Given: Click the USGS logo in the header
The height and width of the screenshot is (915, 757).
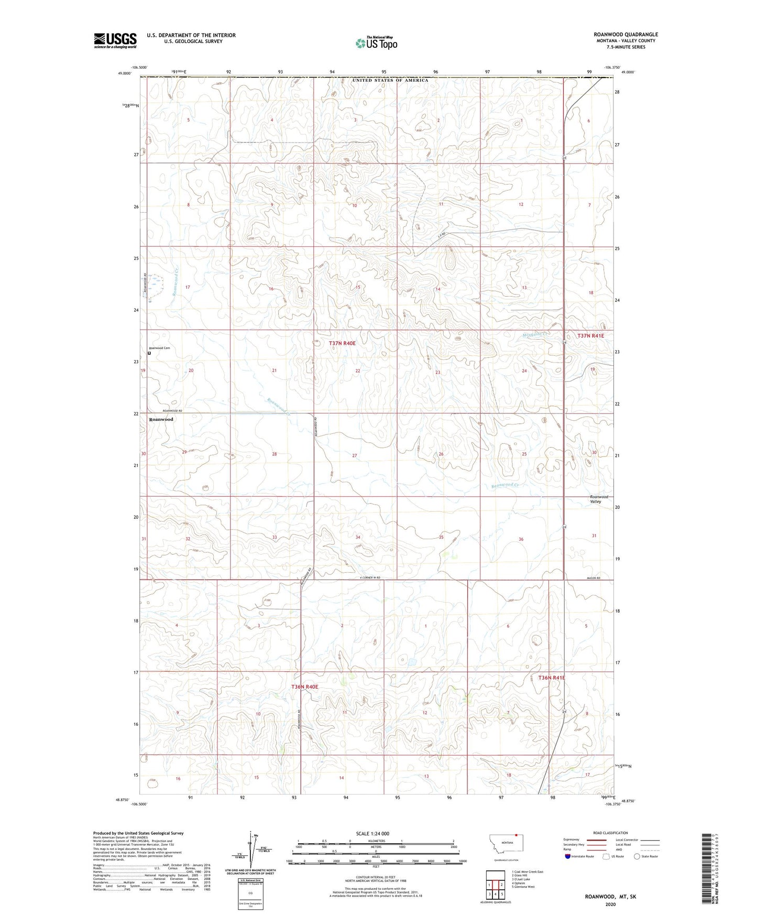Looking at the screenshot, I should [x=115, y=40].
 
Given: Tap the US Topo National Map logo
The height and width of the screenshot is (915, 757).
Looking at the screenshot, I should [x=376, y=42].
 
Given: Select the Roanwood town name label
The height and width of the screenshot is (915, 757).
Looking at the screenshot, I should [x=161, y=419].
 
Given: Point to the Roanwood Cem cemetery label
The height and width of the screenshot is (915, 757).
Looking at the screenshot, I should [x=160, y=348].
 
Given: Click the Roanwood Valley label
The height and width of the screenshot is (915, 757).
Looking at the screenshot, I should [x=599, y=499].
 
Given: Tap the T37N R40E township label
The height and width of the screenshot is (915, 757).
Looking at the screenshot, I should [x=342, y=343].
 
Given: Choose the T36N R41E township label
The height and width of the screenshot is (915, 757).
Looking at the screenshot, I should [x=552, y=678].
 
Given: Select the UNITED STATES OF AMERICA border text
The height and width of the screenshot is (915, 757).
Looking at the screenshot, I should [x=390, y=80].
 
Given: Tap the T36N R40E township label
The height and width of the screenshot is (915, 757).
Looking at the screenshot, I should [x=305, y=687].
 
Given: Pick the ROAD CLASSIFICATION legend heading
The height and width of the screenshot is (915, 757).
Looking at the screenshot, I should [x=611, y=833].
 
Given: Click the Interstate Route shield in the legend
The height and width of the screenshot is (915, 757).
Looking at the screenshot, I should [x=568, y=857].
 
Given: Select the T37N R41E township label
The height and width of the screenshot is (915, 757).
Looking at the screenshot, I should [x=590, y=336].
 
